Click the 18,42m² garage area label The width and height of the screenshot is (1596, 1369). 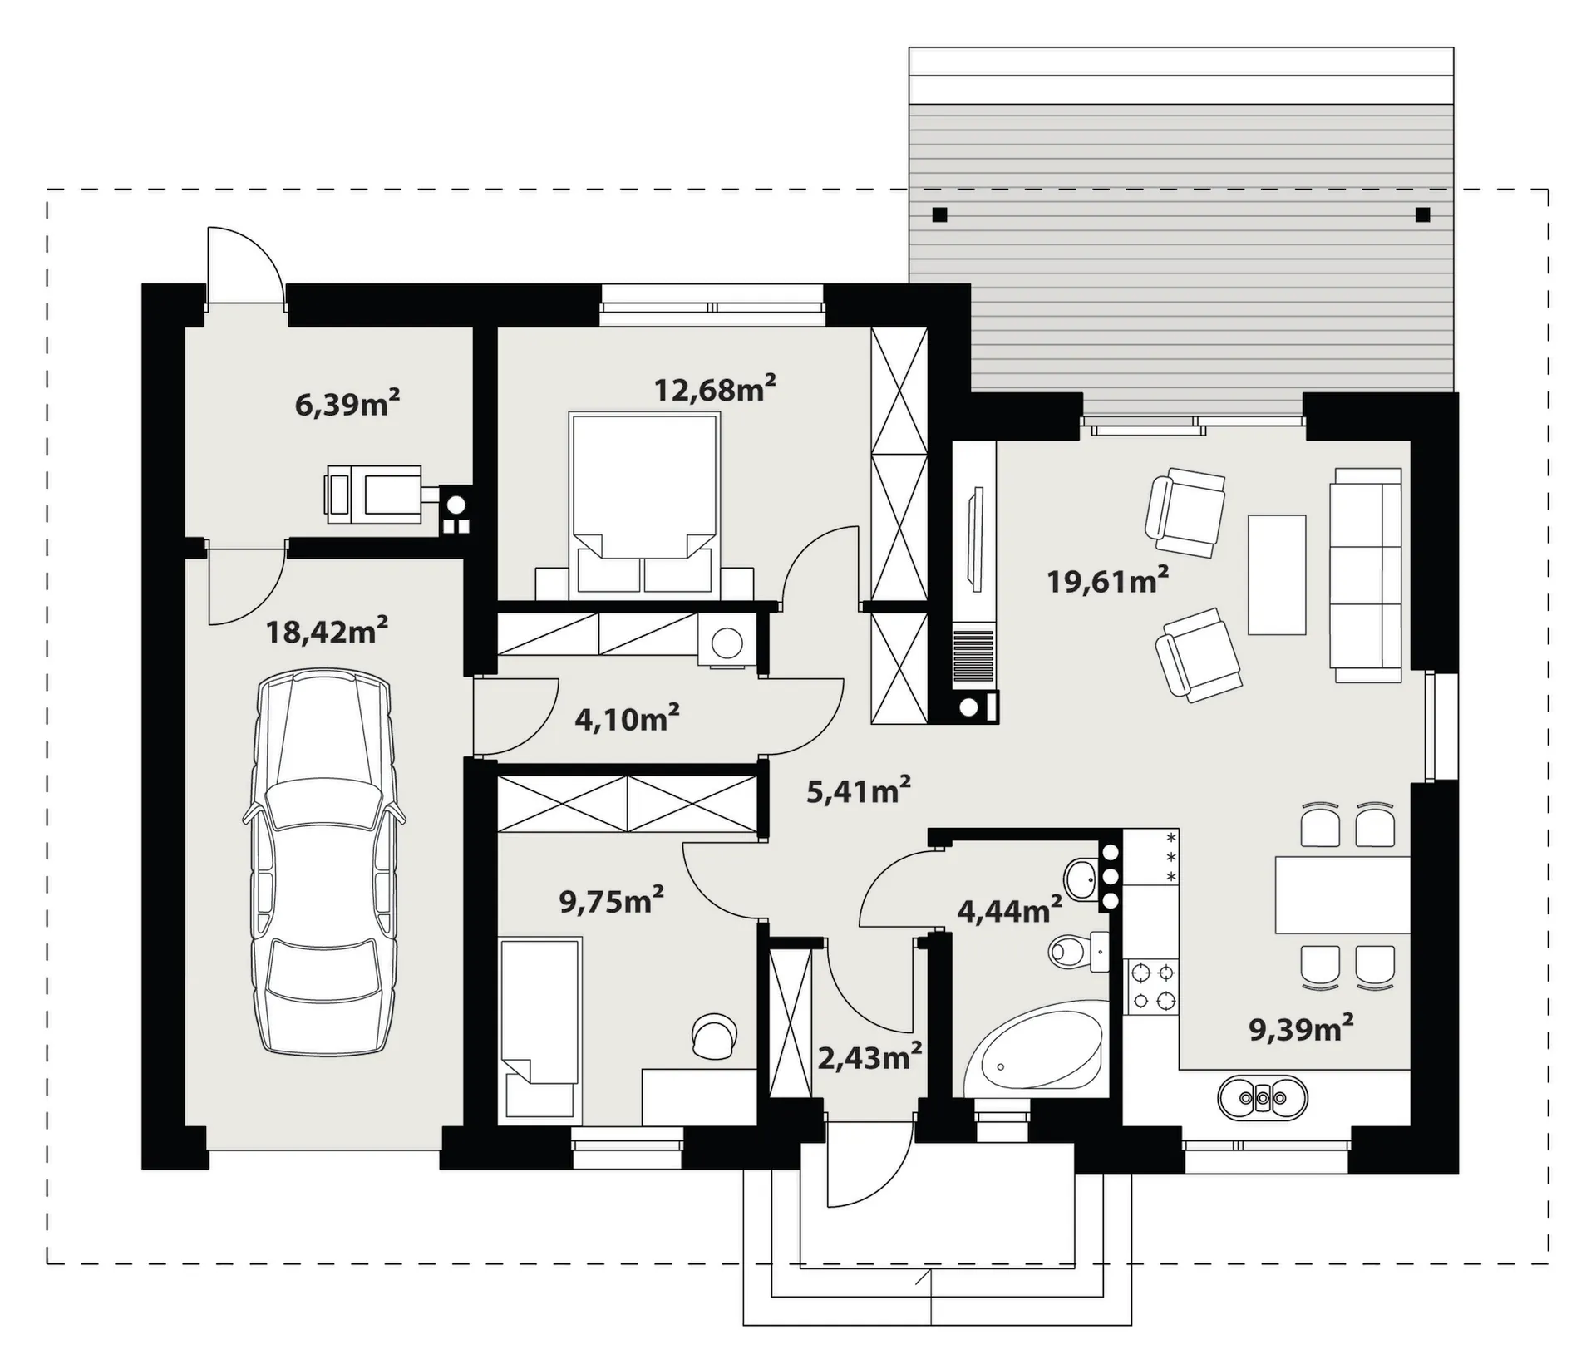coord(327,632)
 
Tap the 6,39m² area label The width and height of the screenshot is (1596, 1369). coord(347,404)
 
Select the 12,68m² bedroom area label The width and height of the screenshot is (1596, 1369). coord(715,389)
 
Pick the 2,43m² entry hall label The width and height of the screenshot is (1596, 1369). coord(869,1058)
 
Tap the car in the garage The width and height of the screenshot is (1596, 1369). coord(324,864)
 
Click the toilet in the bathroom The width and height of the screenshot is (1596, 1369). coord(1079,951)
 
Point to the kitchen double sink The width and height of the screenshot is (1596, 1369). coord(1262,1098)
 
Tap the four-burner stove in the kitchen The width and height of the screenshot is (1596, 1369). coord(1150,986)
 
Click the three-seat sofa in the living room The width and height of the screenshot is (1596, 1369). coord(1365,574)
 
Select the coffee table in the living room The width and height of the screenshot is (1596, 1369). coord(1276,574)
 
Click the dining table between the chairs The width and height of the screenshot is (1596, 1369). coord(1342,894)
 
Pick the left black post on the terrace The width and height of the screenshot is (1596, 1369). coord(939,215)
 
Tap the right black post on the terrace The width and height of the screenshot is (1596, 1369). coord(1422,215)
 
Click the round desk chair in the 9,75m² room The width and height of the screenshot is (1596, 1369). coord(714,1036)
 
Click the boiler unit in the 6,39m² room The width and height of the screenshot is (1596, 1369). coord(374,495)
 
